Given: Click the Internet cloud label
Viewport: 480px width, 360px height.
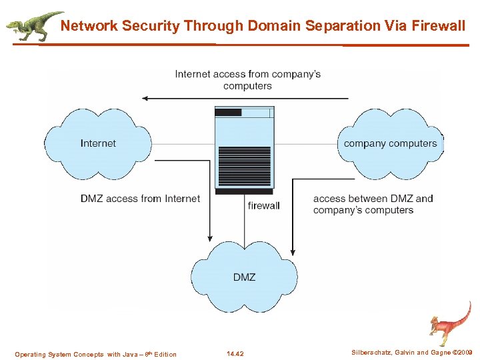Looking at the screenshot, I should click(98, 143).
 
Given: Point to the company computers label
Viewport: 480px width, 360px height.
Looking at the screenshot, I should click(390, 143).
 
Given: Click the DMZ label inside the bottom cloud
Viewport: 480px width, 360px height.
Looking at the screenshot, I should click(244, 277).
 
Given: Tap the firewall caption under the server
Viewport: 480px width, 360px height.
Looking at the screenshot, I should click(264, 205).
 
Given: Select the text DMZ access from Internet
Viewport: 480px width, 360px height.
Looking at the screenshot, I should click(140, 199).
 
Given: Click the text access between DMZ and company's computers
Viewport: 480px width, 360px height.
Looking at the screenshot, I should click(373, 204).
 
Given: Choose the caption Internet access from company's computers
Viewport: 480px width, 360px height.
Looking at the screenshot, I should click(247, 79).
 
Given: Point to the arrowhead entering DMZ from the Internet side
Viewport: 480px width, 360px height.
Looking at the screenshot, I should click(210, 238).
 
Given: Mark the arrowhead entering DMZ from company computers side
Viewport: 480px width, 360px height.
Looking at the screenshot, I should click(293, 238).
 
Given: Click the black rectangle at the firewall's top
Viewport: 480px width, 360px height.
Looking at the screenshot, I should click(229, 113).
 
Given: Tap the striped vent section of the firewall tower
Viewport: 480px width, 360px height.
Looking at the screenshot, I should click(245, 167).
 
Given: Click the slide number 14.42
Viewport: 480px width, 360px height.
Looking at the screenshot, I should click(235, 354).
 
